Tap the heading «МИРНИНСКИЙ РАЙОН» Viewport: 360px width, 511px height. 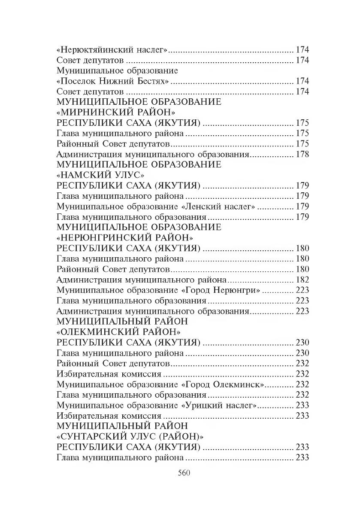click(x=116, y=113)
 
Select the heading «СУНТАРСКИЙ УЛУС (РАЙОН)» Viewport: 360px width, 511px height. click(x=130, y=437)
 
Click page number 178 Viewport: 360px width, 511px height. click(x=302, y=154)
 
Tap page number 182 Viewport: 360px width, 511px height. click(x=302, y=280)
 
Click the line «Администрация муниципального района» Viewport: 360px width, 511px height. click(x=142, y=280)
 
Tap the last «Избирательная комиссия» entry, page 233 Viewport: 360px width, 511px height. click(x=109, y=416)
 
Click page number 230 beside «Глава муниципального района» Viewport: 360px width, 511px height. click(x=302, y=353)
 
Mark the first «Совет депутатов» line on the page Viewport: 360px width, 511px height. click(x=91, y=60)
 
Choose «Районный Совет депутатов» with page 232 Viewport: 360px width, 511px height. click(x=114, y=364)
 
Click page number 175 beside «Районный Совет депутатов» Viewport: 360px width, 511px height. click(x=302, y=144)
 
